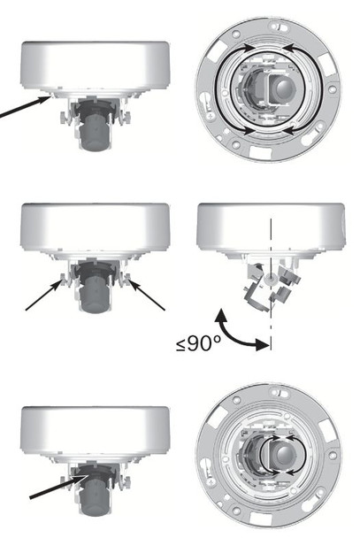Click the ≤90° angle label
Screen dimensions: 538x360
click(x=199, y=343)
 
